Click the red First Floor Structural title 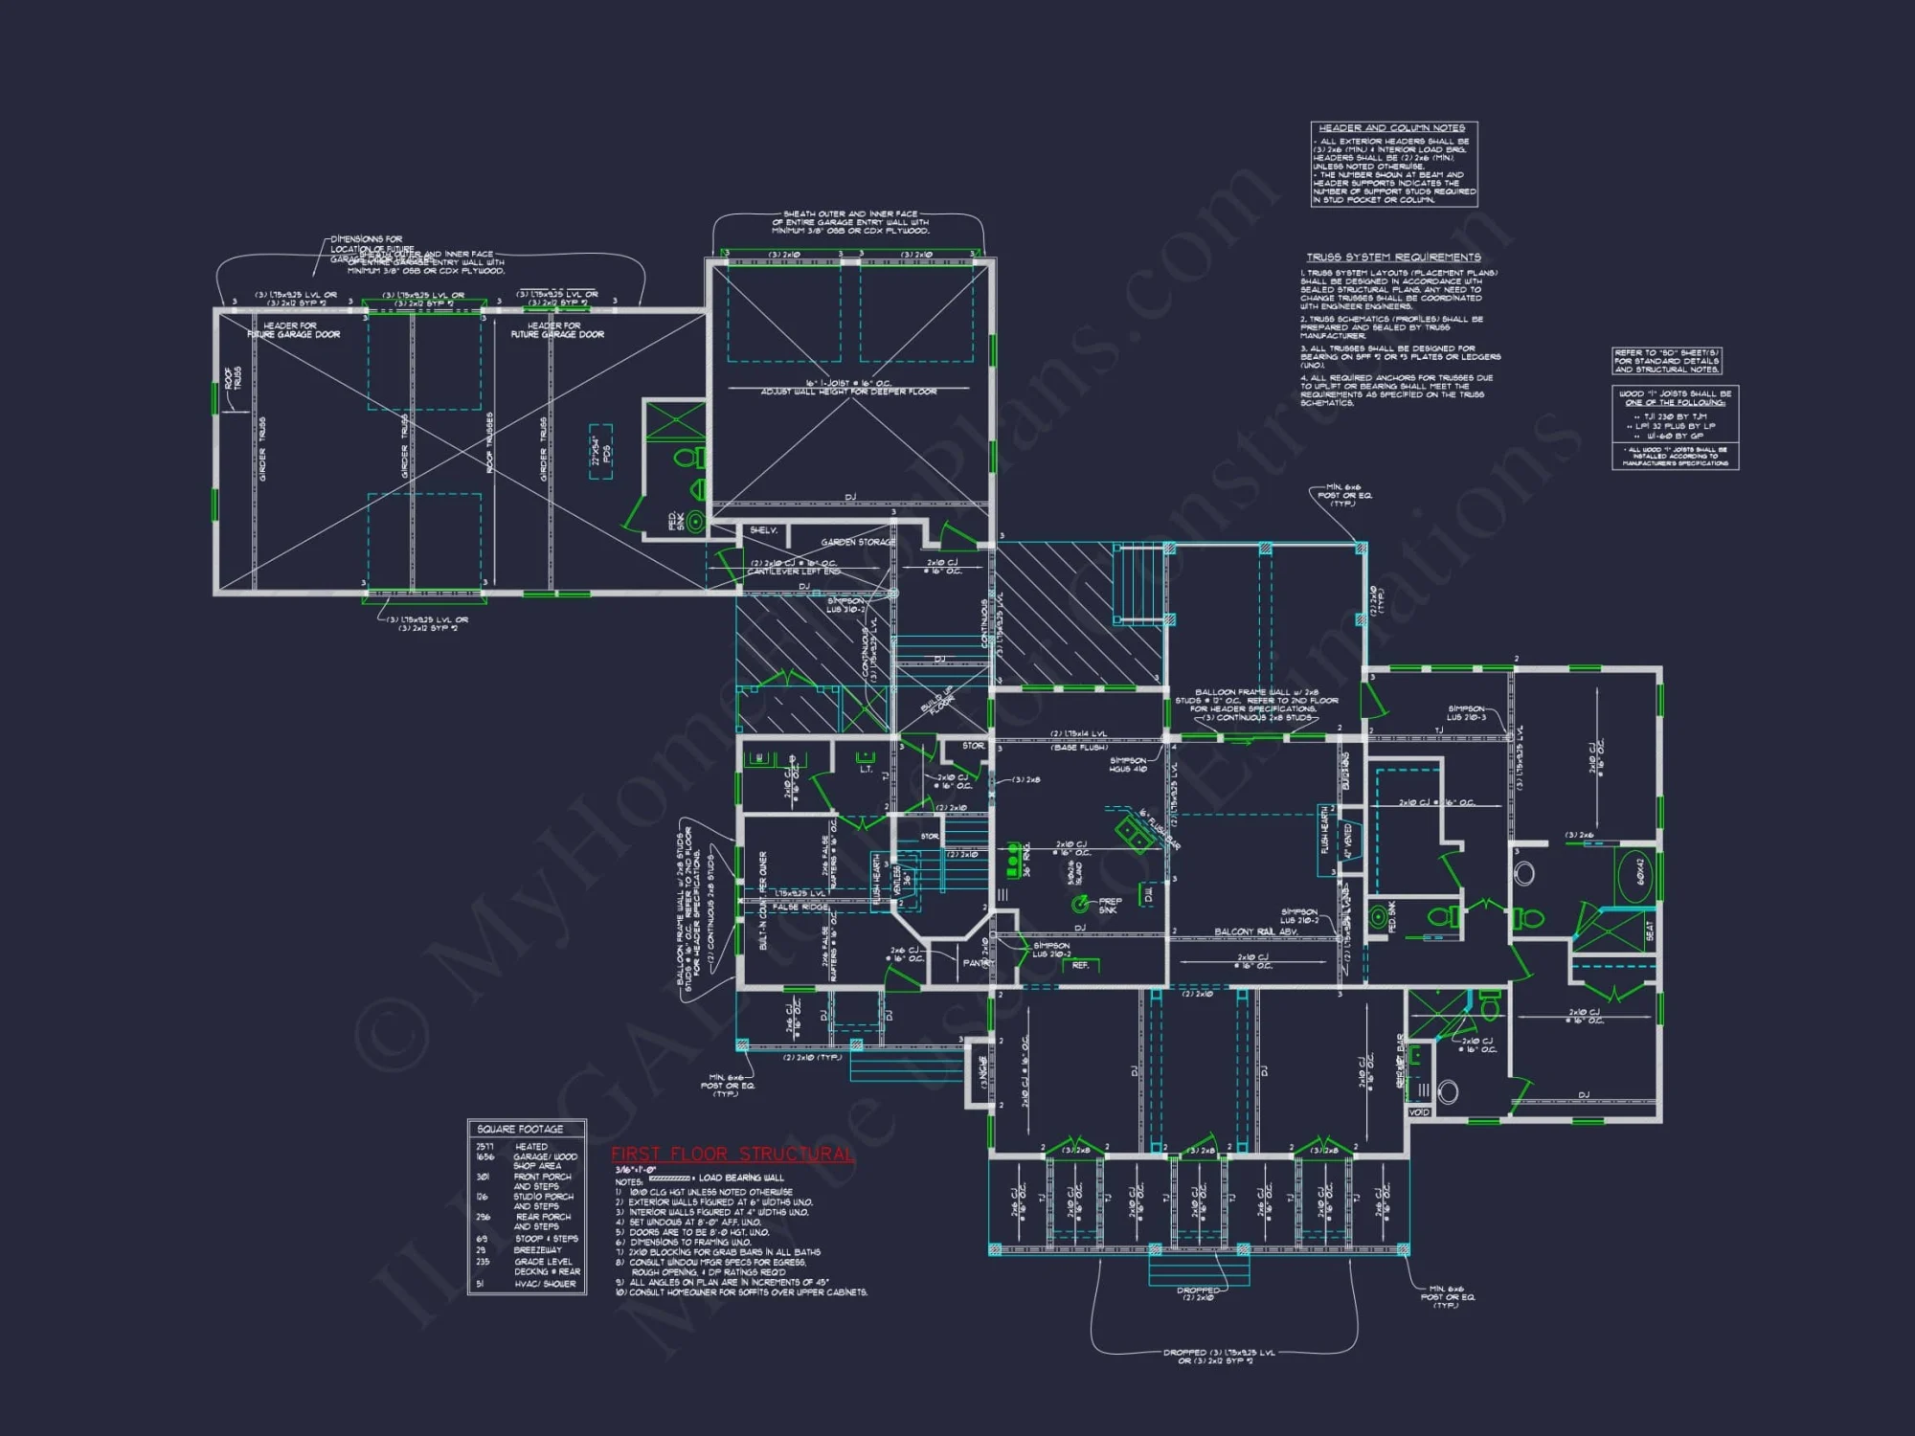732,1155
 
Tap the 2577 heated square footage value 484,1146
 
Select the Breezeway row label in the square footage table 537,1250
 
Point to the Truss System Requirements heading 1393,258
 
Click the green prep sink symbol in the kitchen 1080,903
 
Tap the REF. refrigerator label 1080,965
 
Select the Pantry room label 976,963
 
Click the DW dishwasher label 1147,895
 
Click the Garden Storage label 858,542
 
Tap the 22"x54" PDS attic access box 600,452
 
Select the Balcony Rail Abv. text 1255,931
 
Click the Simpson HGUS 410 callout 1128,765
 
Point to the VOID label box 1419,1112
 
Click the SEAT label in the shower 1649,931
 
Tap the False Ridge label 800,907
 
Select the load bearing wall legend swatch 670,1178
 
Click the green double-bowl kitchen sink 1134,829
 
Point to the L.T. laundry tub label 866,768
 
